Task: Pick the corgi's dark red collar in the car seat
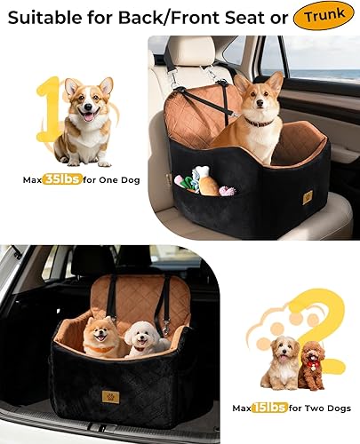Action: (259, 120)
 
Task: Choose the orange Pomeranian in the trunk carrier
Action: (100, 337)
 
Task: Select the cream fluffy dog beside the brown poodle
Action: (281, 362)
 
